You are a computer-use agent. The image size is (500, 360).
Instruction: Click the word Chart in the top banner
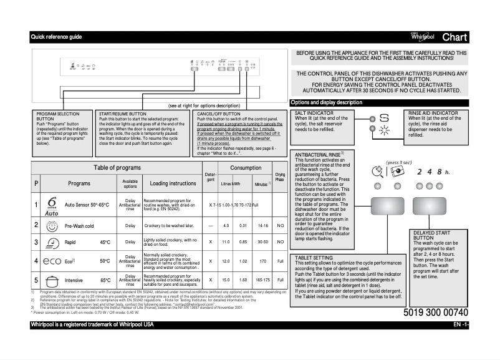pyautogui.click(x=454, y=37)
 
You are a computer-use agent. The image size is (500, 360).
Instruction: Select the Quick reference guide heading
pyautogui.click(x=57, y=37)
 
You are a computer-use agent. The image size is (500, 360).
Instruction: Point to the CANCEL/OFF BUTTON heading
pyautogui.click(x=218, y=114)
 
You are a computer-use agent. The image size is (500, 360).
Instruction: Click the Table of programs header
pyautogui.click(x=117, y=168)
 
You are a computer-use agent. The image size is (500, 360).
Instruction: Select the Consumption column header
pyautogui.click(x=246, y=168)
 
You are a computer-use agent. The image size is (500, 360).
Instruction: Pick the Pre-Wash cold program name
pyautogui.click(x=79, y=226)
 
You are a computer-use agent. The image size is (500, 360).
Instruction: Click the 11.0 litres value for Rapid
pyautogui.click(x=226, y=242)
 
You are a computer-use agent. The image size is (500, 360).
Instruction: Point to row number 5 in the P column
pyautogui.click(x=36, y=280)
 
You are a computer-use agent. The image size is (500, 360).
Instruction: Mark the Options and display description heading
pyautogui.click(x=327, y=102)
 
